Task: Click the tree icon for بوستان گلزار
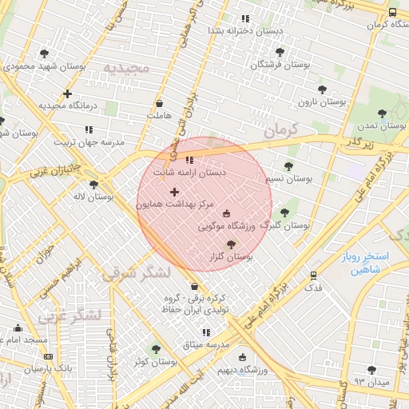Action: click(x=232, y=244)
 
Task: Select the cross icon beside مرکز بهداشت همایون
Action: click(x=174, y=192)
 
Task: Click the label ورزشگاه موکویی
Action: click(x=226, y=227)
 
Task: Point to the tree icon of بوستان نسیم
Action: click(x=288, y=166)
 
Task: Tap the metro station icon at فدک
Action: click(x=314, y=276)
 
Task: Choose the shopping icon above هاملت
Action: click(x=159, y=103)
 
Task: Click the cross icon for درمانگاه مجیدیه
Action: click(x=68, y=93)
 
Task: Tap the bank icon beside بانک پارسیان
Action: click(x=49, y=357)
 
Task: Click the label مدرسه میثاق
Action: click(x=206, y=344)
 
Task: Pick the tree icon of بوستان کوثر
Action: click(x=156, y=349)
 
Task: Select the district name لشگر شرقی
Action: click(x=137, y=273)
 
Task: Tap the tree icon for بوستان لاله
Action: click(x=94, y=184)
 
